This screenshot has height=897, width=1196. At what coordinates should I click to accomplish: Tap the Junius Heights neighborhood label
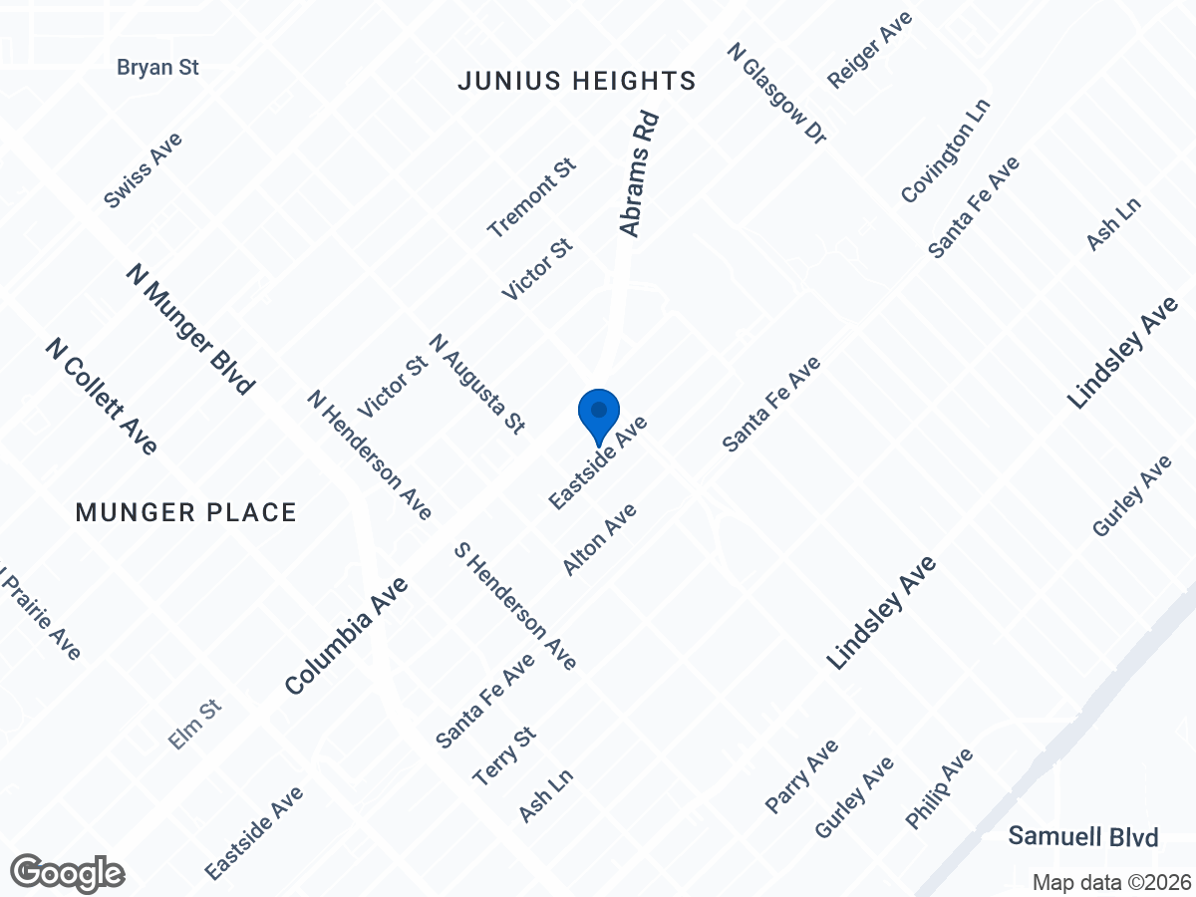click(x=576, y=82)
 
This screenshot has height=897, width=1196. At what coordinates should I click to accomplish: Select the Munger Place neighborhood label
click(x=186, y=513)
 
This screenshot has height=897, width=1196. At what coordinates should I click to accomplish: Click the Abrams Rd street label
click(x=641, y=172)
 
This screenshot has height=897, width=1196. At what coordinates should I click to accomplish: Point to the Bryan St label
click(x=158, y=68)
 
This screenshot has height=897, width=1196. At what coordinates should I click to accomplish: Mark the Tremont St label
click(x=532, y=197)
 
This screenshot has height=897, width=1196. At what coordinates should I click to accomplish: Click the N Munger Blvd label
click(x=191, y=329)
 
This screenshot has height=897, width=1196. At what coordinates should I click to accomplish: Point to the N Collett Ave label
click(x=102, y=396)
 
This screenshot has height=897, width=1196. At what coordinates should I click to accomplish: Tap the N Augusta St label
click(x=477, y=384)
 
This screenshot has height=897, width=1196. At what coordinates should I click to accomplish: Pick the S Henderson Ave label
click(x=515, y=606)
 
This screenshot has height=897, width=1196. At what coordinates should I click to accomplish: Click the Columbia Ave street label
click(x=346, y=636)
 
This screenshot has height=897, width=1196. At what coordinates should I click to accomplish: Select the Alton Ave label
click(x=599, y=539)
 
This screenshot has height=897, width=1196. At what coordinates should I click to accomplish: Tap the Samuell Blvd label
click(x=1082, y=836)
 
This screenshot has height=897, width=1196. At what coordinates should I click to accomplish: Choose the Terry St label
click(x=505, y=756)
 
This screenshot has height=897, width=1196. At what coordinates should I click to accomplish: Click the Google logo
click(x=68, y=873)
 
